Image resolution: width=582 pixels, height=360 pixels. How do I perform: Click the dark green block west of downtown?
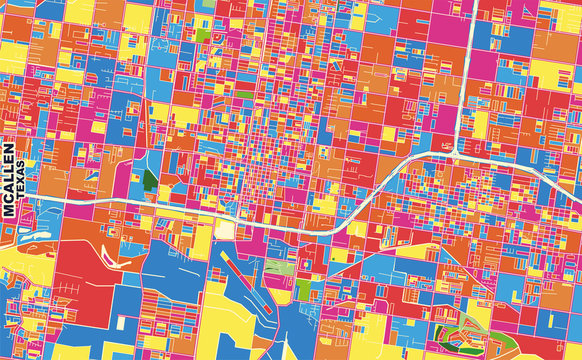point(151,178)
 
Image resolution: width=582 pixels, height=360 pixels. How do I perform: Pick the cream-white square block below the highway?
point(225,231)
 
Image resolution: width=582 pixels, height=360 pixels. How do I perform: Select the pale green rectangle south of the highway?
point(279,268)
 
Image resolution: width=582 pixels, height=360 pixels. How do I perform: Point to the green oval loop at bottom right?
point(463,335)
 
